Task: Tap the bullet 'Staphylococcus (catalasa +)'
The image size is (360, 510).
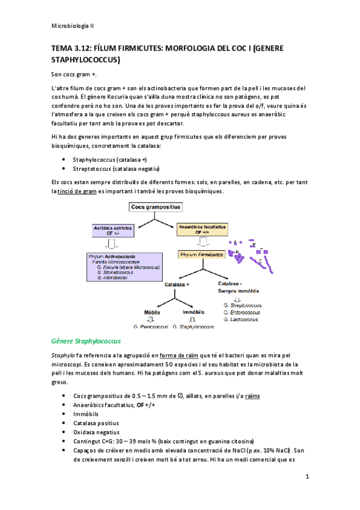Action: [x=110, y=159]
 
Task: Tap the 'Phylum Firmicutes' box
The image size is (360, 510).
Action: [x=201, y=255]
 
